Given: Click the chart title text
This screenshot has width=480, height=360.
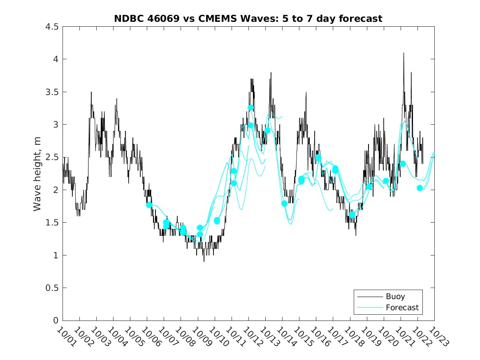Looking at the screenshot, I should [248, 19].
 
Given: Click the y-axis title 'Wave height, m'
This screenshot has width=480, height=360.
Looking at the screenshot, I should [37, 174].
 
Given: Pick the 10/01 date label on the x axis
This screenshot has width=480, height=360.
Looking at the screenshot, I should [66, 337].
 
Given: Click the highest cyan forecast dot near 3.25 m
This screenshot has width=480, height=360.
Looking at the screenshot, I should [250, 108].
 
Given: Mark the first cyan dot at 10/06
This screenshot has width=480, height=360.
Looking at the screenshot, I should [149, 205].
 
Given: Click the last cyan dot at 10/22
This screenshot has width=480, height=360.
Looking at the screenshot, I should [420, 188].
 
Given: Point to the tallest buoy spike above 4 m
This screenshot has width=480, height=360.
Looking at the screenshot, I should [403, 53].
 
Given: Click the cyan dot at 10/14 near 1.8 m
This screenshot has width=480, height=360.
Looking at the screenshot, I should [284, 204].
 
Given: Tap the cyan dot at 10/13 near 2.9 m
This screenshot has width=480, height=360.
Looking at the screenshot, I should [267, 130].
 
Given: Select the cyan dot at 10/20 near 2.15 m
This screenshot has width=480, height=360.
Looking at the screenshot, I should [386, 181].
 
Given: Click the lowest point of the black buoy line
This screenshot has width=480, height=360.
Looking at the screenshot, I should [204, 261].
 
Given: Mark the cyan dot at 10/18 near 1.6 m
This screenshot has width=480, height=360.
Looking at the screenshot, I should [352, 215].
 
